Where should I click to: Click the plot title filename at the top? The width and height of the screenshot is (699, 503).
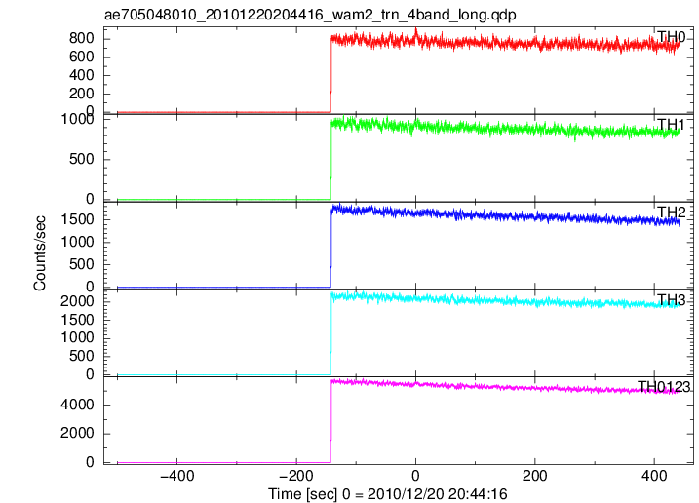310,15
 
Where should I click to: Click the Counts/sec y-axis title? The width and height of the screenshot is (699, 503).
39,253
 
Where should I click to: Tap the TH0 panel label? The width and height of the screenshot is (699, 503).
671,37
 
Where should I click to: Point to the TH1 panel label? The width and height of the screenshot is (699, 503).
671,125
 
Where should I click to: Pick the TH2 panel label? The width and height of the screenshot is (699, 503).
671,212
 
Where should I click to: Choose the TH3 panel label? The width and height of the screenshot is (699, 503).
671,299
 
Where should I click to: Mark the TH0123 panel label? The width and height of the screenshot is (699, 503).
664,387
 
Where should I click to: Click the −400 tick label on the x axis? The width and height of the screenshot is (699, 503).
177,476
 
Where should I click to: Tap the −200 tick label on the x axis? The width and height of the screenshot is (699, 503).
296,476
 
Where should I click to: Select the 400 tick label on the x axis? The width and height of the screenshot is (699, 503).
654,476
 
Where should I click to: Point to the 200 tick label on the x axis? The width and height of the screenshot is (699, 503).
534,476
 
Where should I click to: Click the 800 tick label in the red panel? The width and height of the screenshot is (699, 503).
82,38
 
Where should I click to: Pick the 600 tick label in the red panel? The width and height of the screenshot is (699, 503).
82,57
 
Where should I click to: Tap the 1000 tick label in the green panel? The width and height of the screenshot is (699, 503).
78,119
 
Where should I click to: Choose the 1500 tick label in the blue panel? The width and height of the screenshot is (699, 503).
78,219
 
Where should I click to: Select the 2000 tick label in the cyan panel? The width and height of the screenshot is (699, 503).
78,301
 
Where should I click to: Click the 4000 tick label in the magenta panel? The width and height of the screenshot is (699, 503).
78,405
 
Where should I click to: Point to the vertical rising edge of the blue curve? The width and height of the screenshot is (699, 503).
331,248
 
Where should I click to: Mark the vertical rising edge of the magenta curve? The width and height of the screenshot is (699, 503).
331,422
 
